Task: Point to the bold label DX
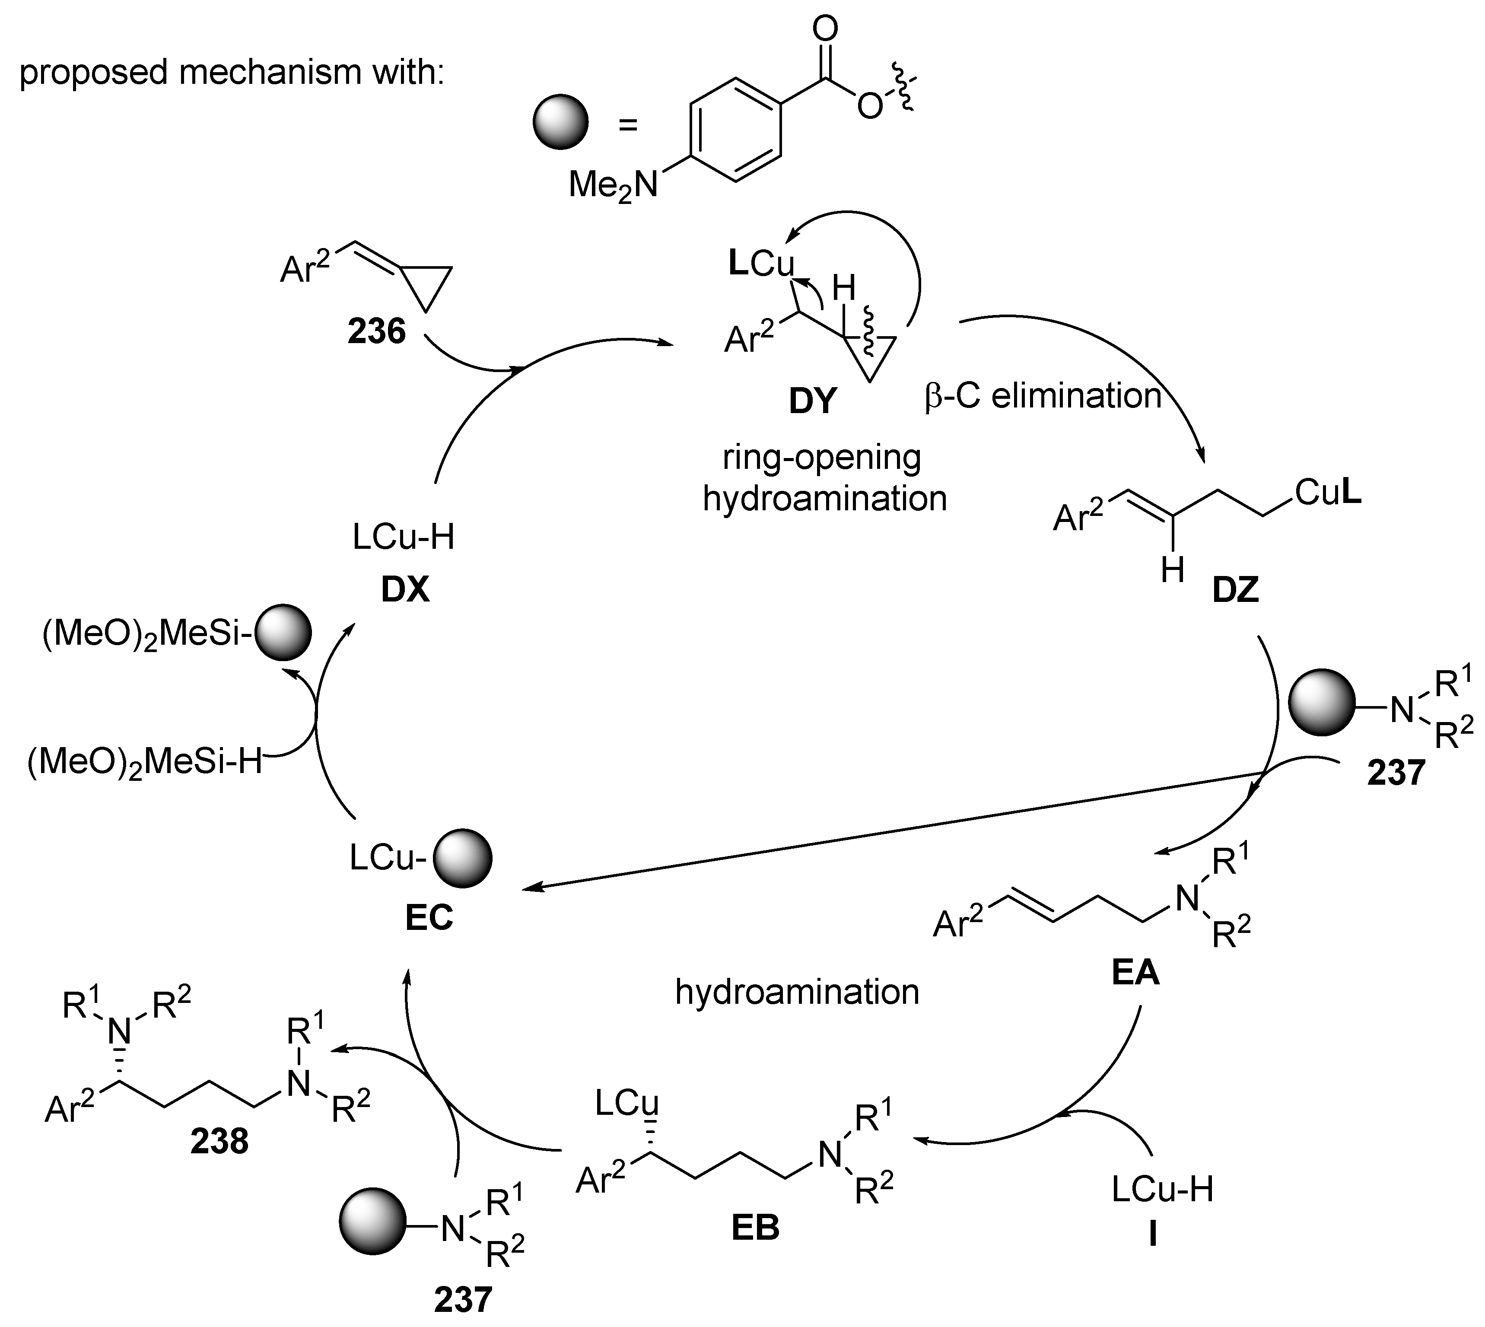(x=405, y=590)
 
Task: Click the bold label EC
(x=429, y=918)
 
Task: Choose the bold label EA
(x=1135, y=973)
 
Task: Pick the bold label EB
(x=755, y=1228)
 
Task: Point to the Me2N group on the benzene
(x=612, y=185)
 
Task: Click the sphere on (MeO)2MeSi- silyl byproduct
(x=283, y=633)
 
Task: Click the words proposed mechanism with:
(x=231, y=73)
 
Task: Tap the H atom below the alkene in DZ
(x=1172, y=570)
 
